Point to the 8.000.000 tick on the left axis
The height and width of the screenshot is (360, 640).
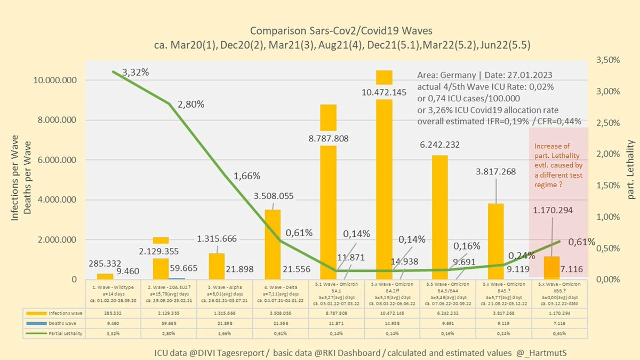[57, 120]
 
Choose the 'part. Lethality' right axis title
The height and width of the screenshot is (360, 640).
[631, 170]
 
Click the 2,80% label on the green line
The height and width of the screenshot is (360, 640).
[190, 104]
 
